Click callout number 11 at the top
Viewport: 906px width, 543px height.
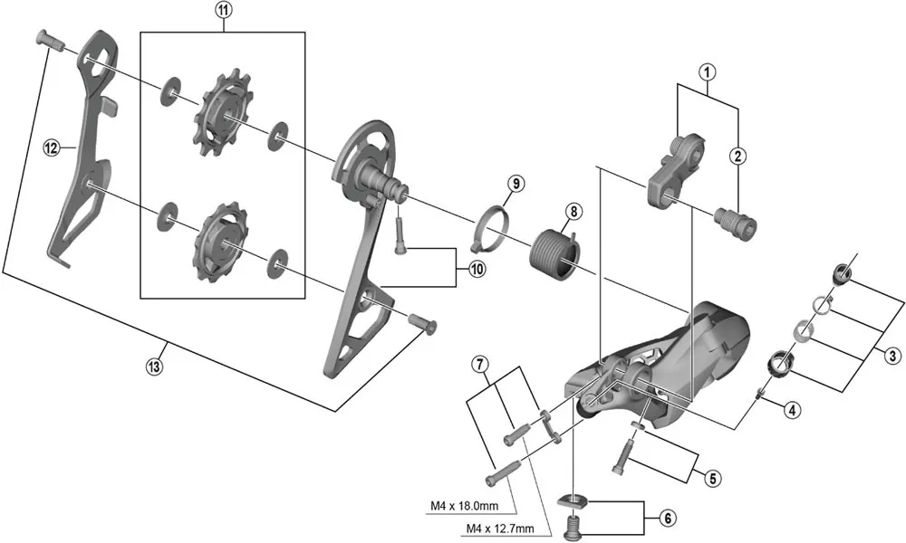(223, 12)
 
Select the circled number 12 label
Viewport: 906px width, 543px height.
(51, 145)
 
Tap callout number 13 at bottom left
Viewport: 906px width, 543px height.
(164, 365)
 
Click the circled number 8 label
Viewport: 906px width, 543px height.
(572, 212)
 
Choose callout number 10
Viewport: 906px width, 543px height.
(477, 268)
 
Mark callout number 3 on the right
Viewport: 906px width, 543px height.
(892, 356)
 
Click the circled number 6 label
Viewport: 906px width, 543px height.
(667, 519)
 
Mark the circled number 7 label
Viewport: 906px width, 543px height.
(481, 365)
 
